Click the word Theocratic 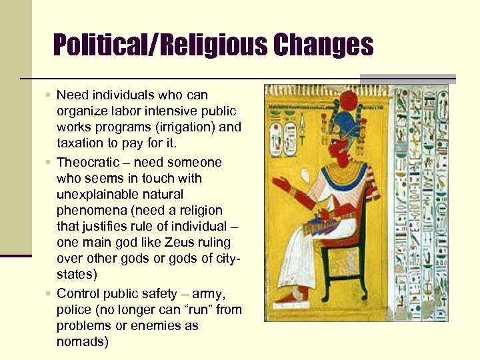pos(89,162)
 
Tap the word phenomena pos(89,211)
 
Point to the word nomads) pos(83,342)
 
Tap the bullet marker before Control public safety pos(48,293)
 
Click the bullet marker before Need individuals pos(48,95)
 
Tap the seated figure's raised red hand pos(282,183)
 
